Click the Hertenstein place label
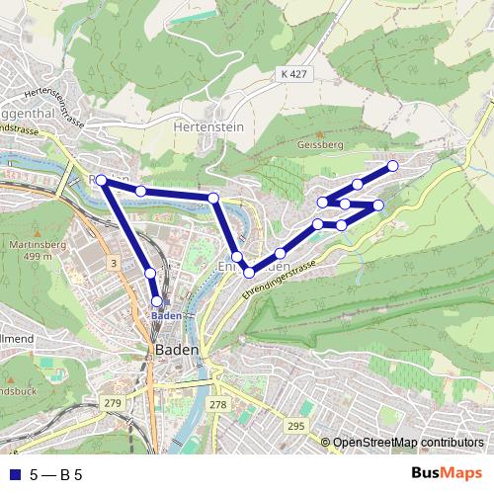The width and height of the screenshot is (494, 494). (x=207, y=127)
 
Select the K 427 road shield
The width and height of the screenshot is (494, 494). (x=293, y=74)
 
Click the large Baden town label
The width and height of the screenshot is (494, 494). (x=178, y=351)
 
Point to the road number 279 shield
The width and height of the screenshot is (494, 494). (x=113, y=404)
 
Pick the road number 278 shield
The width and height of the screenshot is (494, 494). (x=218, y=404)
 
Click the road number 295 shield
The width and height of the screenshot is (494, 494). (x=295, y=426)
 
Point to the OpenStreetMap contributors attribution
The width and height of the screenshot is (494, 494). (x=407, y=443)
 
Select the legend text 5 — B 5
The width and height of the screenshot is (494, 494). (x=56, y=473)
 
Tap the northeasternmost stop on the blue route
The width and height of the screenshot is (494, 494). (x=392, y=166)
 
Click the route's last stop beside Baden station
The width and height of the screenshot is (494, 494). (x=156, y=301)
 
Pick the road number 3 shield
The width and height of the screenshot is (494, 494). (x=115, y=263)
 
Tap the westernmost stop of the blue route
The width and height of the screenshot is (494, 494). (x=101, y=180)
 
